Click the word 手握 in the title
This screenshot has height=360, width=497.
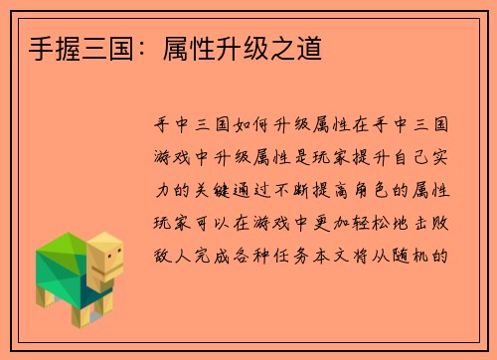pyautogui.click(x=43, y=48)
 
